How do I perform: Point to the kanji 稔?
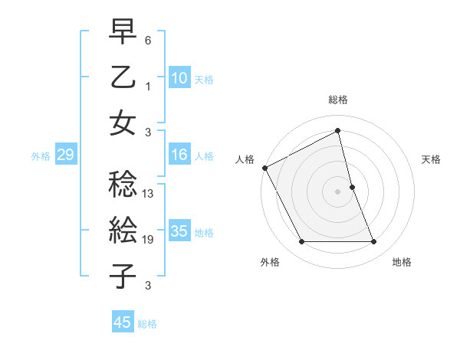pos(123,184)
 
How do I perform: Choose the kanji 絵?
pos(123,230)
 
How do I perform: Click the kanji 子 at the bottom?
pos(123,276)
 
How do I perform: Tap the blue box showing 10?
pos(179,78)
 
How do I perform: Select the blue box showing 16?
pos(179,155)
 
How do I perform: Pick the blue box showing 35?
pos(179,231)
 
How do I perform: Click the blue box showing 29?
pos(65,155)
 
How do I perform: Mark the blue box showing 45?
pos(122,322)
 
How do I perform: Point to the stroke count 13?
pos(149,195)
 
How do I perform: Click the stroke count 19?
pos(149,241)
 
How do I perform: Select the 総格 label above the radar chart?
pos(338,100)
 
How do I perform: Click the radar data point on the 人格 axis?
pos(265,167)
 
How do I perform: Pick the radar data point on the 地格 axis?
pos(374,242)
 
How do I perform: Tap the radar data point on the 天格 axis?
pos(352,187)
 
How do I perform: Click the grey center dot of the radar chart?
pos(338,191)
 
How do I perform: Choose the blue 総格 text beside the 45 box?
pos(147,324)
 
